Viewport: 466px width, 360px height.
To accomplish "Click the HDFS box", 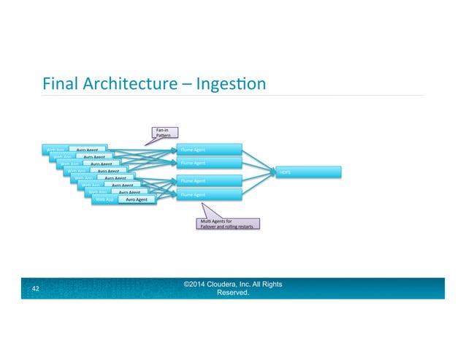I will click(300, 172).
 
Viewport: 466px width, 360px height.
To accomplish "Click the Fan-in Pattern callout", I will click(162, 133).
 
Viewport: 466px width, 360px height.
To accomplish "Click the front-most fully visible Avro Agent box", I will click(137, 199).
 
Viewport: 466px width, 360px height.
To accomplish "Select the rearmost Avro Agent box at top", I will click(88, 150).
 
